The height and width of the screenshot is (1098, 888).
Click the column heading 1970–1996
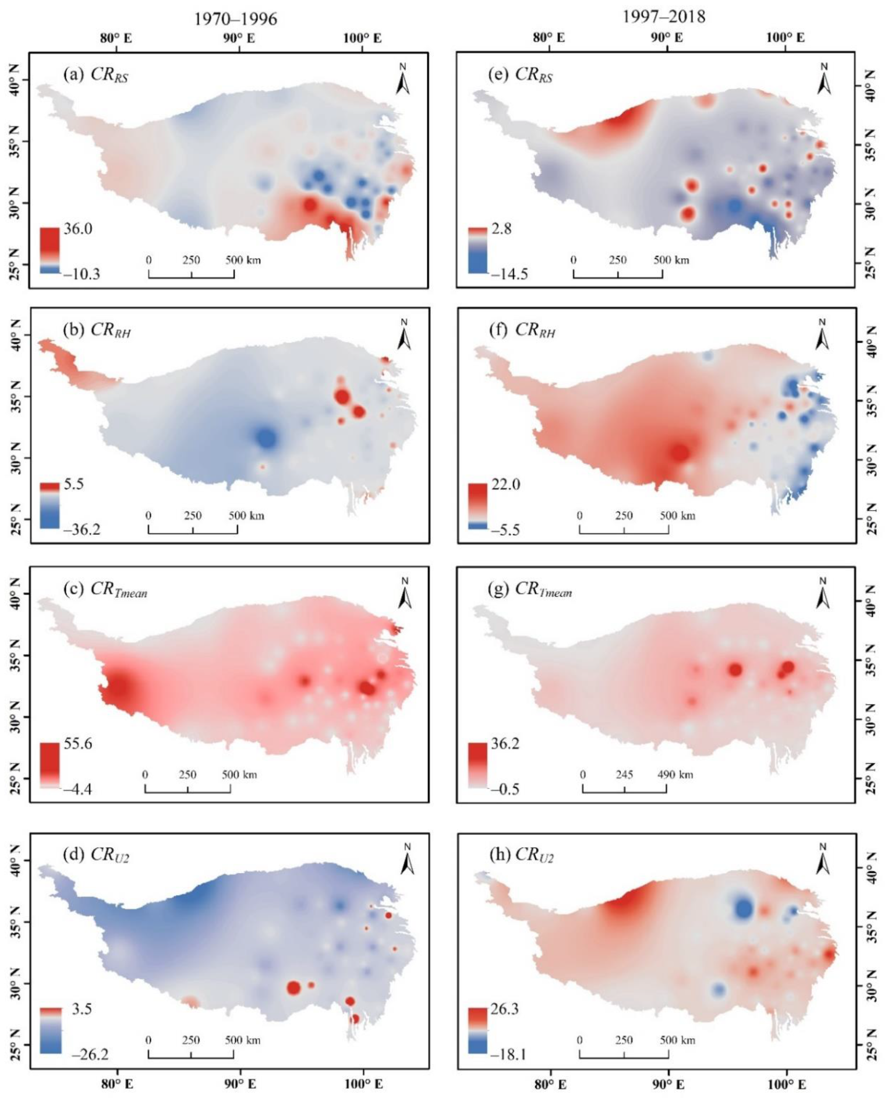pos(235,19)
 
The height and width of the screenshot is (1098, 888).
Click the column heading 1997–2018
pos(663,16)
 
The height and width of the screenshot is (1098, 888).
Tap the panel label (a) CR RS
pos(95,75)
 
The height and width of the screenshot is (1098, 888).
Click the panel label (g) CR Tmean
pos(529,589)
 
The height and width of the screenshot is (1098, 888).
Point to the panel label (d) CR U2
pos(95,855)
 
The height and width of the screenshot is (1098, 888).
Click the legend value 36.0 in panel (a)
pos(77,228)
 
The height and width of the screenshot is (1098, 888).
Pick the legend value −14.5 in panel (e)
pos(509,274)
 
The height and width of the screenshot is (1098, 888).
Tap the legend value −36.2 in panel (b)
pos(81,529)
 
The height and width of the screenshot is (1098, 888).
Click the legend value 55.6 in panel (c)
pos(77,744)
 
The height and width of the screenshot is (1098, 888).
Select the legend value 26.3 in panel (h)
pos(504,1009)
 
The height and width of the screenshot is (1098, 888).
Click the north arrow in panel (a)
pos(402,79)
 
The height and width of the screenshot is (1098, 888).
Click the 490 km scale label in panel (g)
pos(675,775)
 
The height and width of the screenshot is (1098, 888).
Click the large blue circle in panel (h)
pos(744,908)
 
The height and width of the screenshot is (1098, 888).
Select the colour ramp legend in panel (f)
pos(477,506)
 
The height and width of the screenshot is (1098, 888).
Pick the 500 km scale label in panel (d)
pos(242,1040)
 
